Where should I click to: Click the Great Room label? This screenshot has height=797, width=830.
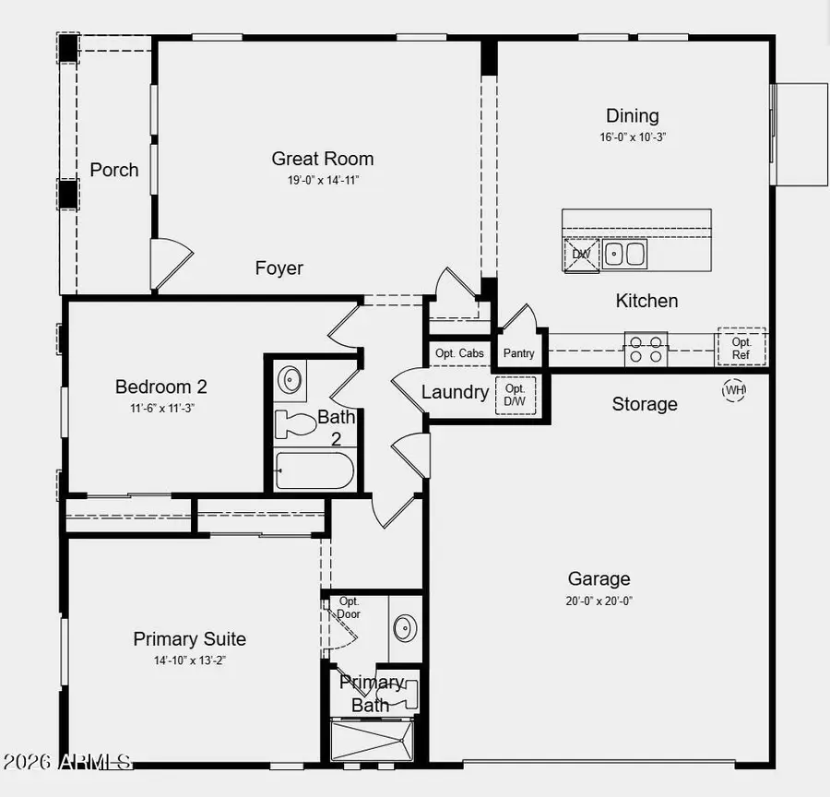pyautogui.click(x=322, y=159)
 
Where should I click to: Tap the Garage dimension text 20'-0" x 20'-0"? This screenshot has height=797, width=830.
pyautogui.click(x=599, y=601)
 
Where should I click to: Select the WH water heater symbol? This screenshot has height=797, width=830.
pyautogui.click(x=734, y=390)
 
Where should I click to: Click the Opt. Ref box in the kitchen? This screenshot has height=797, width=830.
pyautogui.click(x=741, y=347)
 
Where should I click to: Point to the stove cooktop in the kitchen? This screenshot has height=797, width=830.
pyautogui.click(x=646, y=349)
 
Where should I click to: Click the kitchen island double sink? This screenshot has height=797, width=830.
pyautogui.click(x=625, y=253)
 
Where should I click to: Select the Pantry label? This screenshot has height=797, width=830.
pyautogui.click(x=518, y=353)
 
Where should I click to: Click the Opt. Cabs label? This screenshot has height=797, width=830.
pyautogui.click(x=459, y=353)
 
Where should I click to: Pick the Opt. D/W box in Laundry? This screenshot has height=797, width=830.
pyautogui.click(x=515, y=396)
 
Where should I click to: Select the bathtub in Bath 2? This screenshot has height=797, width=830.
pyautogui.click(x=314, y=470)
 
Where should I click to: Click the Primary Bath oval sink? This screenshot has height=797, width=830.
pyautogui.click(x=405, y=628)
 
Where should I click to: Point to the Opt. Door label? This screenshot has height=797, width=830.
pyautogui.click(x=349, y=608)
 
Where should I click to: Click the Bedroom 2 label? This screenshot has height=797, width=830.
pyautogui.click(x=154, y=387)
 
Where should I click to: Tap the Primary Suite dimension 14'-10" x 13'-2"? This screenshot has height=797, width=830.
pyautogui.click(x=189, y=660)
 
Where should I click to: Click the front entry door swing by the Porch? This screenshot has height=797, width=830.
pyautogui.click(x=170, y=265)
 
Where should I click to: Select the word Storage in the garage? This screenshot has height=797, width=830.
pyautogui.click(x=645, y=404)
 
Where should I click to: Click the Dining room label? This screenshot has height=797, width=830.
pyautogui.click(x=632, y=116)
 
